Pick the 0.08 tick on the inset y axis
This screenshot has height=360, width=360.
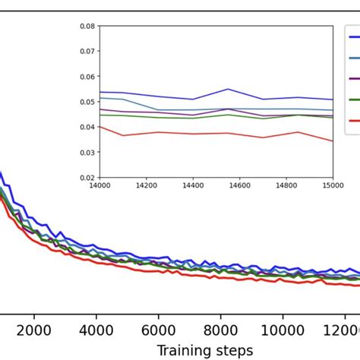pos(88,26)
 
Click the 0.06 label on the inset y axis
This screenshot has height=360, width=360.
pos(88,76)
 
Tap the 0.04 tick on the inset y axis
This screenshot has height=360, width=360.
pos(88,127)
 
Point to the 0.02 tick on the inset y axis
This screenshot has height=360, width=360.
pos(88,177)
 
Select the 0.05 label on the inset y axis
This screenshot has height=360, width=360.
pos(88,102)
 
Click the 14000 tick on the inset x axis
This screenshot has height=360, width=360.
pos(99,183)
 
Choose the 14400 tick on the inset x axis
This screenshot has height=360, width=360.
pos(193,183)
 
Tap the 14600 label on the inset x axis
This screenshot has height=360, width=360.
pos(239,183)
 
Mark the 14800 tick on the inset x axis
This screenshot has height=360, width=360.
pos(286,183)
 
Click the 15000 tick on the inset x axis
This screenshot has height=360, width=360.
pos(333,183)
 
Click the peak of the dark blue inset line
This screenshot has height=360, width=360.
pos(228,89)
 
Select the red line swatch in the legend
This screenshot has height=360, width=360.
pos(354,120)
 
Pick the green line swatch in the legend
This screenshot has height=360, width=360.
pos(354,99)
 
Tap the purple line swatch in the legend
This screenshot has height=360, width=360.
pos(354,78)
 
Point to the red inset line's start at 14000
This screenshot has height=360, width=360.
pos(100,127)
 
